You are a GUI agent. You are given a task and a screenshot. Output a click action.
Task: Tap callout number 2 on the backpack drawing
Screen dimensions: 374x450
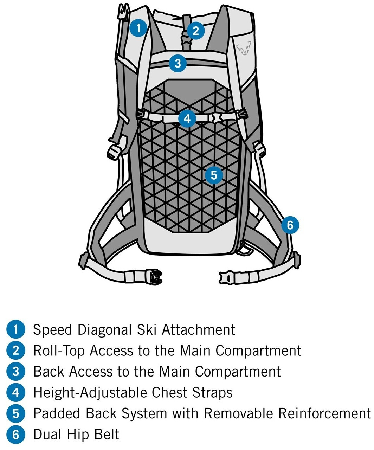pos(195,31)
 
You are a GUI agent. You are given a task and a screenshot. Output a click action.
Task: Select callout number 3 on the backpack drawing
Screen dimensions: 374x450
pos(178,63)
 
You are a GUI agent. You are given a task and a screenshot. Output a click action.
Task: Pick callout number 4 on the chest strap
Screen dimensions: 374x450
pos(187,118)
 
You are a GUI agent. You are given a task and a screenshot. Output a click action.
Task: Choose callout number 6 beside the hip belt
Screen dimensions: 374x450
pos(290,225)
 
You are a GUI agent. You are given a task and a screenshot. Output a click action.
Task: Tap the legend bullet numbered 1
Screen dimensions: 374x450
pos(16,330)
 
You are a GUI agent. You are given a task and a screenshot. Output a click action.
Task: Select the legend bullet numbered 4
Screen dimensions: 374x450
pos(16,392)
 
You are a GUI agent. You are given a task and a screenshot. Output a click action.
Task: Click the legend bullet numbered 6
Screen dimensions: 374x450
pos(16,435)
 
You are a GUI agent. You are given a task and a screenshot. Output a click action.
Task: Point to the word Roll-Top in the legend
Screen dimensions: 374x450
pos(59,351)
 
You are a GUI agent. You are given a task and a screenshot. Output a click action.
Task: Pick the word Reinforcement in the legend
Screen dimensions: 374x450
pos(324,413)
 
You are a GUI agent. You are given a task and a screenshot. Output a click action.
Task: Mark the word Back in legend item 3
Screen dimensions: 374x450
pos(49,372)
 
